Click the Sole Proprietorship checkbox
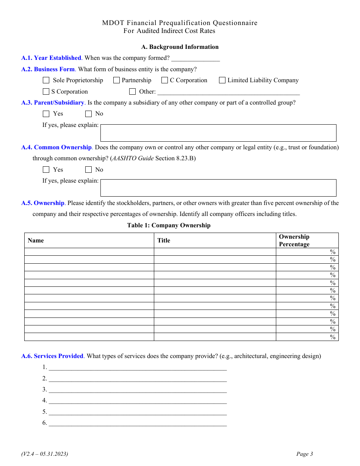pos(46,80)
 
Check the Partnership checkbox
pos(116,80)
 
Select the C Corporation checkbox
pos(164,80)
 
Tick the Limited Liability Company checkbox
pos(222,80)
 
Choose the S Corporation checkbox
pos(46,92)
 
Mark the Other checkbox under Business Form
pos(132,92)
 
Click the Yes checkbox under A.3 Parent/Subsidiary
pos(46,114)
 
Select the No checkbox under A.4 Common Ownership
pos(88,170)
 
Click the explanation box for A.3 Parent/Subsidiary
pos(218,133)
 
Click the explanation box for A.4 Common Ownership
pos(218,188)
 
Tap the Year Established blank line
pos(196,58)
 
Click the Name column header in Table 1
pos(36,241)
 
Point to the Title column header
pos(164,241)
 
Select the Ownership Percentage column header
pos(294,241)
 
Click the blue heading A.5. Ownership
pos(43,203)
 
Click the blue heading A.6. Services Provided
pos(52,356)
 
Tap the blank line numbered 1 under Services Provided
pos(138,367)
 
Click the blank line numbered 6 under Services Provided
pos(138,423)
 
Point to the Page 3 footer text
pos(305,454)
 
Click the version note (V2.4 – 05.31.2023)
pos(45,454)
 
